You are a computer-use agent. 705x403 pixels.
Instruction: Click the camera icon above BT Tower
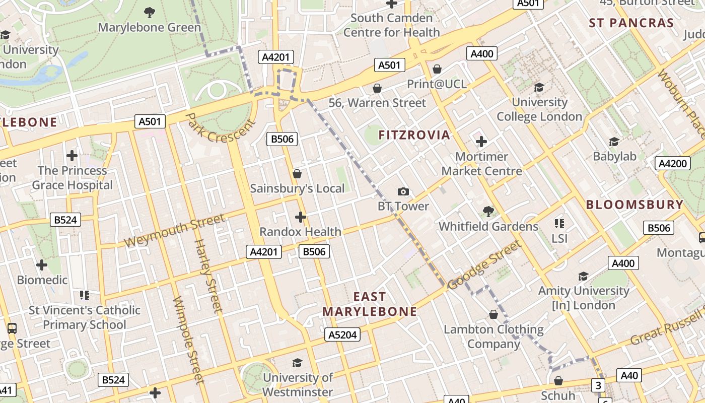pyautogui.click(x=403, y=191)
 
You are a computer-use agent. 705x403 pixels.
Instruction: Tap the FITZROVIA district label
pyautogui.click(x=414, y=135)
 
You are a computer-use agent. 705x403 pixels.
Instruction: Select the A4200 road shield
pyautogui.click(x=673, y=163)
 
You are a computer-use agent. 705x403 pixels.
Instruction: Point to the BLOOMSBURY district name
pyautogui.click(x=634, y=205)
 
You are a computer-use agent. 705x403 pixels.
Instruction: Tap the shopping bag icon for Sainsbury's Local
pyautogui.click(x=297, y=174)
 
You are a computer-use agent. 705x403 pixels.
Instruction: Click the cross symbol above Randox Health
pyautogui.click(x=301, y=217)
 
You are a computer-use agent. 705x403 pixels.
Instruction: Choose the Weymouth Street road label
pyautogui.click(x=174, y=231)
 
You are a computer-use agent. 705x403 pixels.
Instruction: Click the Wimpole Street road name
pyautogui.click(x=187, y=340)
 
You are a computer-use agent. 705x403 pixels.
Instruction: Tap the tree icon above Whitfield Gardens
pyautogui.click(x=488, y=211)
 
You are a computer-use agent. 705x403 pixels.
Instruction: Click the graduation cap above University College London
pyautogui.click(x=539, y=87)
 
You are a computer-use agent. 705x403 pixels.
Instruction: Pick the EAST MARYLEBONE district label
pyautogui.click(x=370, y=304)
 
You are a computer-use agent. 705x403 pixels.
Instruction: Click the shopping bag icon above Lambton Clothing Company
pyautogui.click(x=493, y=314)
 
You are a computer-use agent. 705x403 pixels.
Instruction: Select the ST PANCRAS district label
pyautogui.click(x=631, y=23)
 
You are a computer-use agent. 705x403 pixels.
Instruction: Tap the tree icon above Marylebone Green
pyautogui.click(x=149, y=12)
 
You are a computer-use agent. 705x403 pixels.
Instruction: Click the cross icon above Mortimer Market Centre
pyautogui.click(x=481, y=142)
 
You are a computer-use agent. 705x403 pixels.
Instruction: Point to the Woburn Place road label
pyautogui.click(x=681, y=104)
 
